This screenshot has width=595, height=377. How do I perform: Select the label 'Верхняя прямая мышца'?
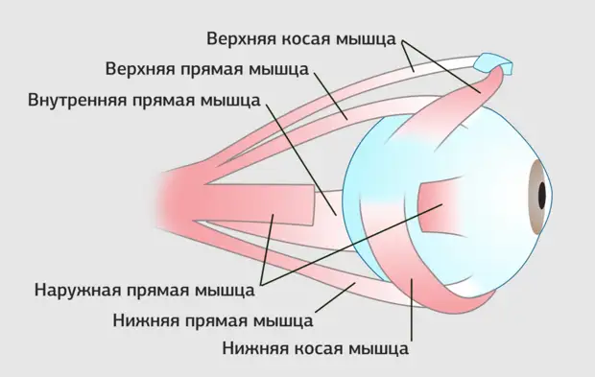(206, 70)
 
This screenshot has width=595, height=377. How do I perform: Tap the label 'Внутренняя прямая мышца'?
(144, 100)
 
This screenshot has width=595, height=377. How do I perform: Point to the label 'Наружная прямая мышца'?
(144, 287)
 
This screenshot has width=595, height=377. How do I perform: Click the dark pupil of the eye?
(543, 195)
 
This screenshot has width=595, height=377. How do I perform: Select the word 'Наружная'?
(75, 287)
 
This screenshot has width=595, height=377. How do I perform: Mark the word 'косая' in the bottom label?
(315, 348)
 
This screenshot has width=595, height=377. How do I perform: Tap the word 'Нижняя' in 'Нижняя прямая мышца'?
(147, 318)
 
